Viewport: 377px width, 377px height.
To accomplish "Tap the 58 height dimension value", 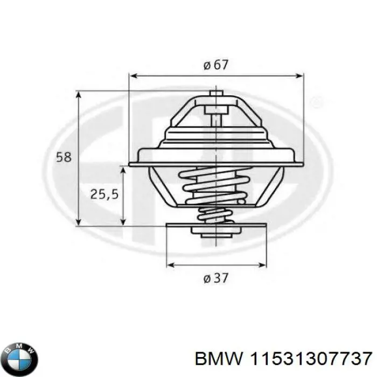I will tap(64, 157).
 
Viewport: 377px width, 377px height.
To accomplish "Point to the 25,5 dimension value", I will tap(104, 194).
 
